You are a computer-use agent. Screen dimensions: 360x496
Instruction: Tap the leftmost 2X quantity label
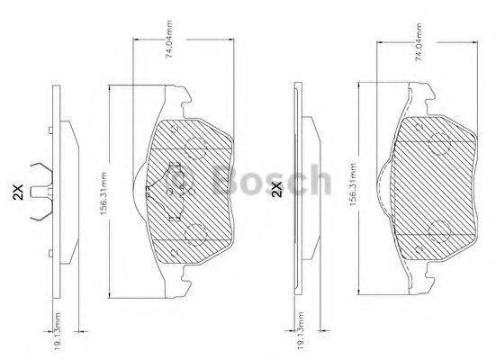17,191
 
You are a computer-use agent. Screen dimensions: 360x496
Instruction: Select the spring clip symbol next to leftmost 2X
37,191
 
